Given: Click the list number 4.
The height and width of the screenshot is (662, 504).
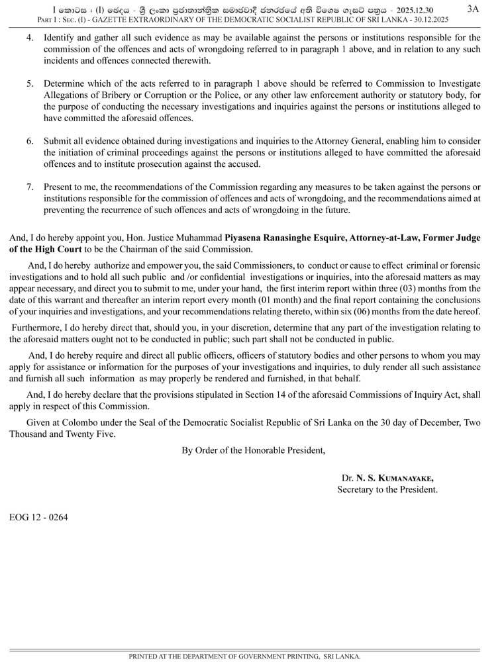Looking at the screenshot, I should point(30,37).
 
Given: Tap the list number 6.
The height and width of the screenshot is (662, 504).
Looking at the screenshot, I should point(30,142).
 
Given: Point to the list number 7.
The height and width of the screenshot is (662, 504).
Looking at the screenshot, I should point(30,187).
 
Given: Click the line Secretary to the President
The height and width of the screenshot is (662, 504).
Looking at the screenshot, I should point(387,491).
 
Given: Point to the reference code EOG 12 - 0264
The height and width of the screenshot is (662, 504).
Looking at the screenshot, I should point(38,517).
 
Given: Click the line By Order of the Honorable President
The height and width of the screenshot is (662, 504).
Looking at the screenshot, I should point(254,451).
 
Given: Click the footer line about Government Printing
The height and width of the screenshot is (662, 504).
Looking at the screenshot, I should point(244,656).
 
